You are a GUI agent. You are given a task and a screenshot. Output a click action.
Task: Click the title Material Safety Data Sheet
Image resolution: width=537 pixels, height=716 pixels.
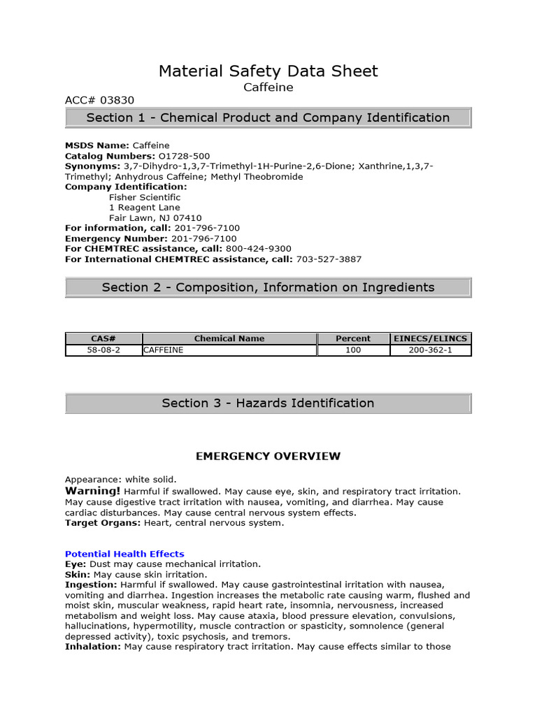point(268,71)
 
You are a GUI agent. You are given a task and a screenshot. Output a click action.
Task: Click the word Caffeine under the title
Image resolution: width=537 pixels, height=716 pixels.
point(268,87)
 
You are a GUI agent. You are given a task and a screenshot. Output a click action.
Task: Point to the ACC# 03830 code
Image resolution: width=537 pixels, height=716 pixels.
point(99,100)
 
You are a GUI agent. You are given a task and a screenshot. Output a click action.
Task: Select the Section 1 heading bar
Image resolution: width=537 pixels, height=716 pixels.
point(268,117)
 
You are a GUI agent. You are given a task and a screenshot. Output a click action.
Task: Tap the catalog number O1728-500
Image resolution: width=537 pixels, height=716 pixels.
point(184,156)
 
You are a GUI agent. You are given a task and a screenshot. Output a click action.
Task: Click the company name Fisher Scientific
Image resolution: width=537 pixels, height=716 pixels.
point(145,197)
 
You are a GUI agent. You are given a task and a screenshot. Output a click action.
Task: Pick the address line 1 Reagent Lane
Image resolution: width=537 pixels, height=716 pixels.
point(145,208)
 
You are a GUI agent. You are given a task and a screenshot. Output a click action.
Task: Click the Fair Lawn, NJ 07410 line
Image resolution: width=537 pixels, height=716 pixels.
point(155,218)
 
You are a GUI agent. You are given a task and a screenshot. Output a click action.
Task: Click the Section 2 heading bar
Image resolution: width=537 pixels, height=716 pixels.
point(268,287)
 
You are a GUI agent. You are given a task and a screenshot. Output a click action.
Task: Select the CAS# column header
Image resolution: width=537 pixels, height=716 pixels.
point(103,338)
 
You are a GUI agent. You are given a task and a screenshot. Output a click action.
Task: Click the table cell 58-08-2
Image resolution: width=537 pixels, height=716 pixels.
point(103,350)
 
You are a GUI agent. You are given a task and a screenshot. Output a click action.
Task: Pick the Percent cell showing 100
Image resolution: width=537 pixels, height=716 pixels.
point(353,350)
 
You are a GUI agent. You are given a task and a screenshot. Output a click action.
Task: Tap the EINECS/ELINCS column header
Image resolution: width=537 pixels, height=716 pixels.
point(431,338)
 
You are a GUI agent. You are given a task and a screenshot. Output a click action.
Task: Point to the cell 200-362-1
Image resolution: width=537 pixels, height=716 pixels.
point(431,350)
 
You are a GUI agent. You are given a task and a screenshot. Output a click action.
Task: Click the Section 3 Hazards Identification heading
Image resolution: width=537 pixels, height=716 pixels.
point(268,403)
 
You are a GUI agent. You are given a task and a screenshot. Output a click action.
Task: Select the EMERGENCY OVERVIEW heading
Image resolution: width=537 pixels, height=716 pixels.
point(268,457)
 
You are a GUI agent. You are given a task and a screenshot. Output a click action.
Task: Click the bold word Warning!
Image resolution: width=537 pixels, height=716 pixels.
point(93,491)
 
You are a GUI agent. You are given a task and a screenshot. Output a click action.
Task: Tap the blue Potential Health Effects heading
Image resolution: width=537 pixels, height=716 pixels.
point(124,554)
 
